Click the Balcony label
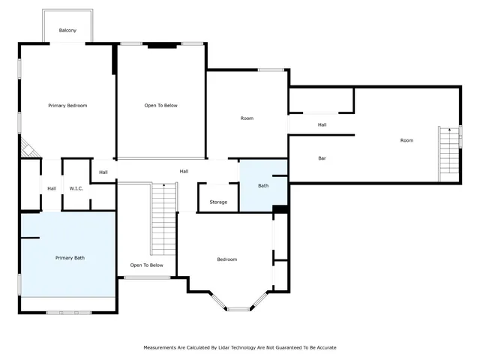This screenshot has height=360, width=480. pyautogui.click(x=67, y=31)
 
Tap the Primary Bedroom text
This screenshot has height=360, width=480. pyautogui.click(x=67, y=106)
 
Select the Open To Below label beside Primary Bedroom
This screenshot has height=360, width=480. pyautogui.click(x=160, y=106)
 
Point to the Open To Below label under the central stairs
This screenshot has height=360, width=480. pyautogui.click(x=146, y=265)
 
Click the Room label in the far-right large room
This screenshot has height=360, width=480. pyautogui.click(x=406, y=140)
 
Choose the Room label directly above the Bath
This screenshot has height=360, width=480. pyautogui.click(x=247, y=118)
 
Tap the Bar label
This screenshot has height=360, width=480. pyautogui.click(x=322, y=158)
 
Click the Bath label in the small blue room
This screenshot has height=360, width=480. pyautogui.click(x=263, y=185)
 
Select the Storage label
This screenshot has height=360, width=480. pyautogui.click(x=218, y=202)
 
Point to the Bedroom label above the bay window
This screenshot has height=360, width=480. pyautogui.click(x=226, y=259)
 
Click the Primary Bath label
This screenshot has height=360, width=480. pyautogui.click(x=70, y=258)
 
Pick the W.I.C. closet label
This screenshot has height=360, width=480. pyautogui.click(x=76, y=188)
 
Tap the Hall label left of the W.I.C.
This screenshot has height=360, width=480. pyautogui.click(x=52, y=188)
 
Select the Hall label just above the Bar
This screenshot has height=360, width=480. pyautogui.click(x=322, y=124)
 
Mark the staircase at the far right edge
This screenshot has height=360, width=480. pyautogui.click(x=448, y=153)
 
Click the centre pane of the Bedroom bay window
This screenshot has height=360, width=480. pyautogui.click(x=239, y=309)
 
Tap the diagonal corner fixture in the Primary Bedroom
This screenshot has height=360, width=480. pyautogui.click(x=28, y=148)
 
